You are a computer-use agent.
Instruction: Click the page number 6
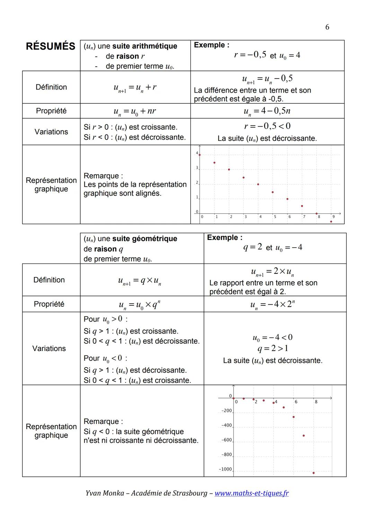327,27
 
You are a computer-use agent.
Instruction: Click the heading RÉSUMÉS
51,46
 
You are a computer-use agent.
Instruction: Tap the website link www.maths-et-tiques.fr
251,493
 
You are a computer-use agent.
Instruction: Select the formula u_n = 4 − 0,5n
267,111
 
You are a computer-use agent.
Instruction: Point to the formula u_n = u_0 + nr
135,111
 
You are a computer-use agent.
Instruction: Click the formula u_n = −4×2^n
273,305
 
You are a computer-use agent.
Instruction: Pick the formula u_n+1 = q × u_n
140,280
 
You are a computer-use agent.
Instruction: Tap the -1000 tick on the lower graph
225,469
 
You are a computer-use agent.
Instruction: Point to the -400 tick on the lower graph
226,425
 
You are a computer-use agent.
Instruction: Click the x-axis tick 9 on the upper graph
333,217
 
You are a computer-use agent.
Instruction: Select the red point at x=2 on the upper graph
229,169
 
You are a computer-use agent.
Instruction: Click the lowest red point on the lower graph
313,473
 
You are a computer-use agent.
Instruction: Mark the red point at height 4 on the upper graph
199,155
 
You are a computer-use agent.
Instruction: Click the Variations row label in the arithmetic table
51,132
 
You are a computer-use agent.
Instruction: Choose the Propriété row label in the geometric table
49,304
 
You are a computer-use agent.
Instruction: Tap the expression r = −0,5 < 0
267,126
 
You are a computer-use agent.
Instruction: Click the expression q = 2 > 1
273,348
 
